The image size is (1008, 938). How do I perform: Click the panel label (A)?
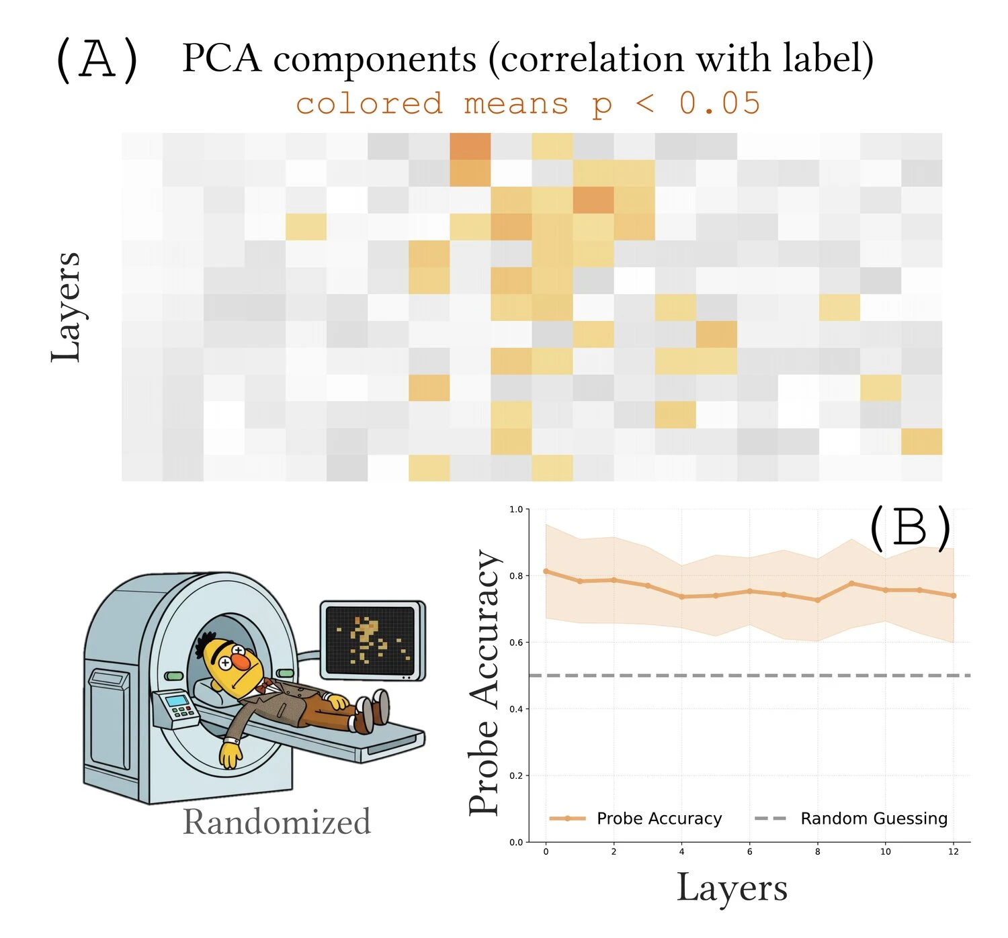[97, 60]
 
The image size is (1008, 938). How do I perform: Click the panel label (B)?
[910, 528]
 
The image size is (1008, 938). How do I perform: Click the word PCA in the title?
[222, 58]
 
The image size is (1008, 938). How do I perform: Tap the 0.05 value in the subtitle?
[720, 103]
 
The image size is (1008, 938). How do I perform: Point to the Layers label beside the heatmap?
[66, 307]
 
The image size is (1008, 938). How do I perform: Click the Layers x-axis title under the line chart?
[732, 888]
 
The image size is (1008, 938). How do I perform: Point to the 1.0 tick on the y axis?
[515, 510]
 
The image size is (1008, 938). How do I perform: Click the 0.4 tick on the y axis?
[515, 709]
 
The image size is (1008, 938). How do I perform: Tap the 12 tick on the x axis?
[953, 852]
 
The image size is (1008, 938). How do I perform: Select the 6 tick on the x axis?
[749, 852]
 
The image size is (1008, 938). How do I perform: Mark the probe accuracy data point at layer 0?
[546, 571]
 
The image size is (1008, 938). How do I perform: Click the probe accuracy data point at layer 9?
[851, 583]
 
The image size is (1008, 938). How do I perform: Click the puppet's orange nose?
[241, 661]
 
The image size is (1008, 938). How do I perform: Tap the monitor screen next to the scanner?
[370, 638]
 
